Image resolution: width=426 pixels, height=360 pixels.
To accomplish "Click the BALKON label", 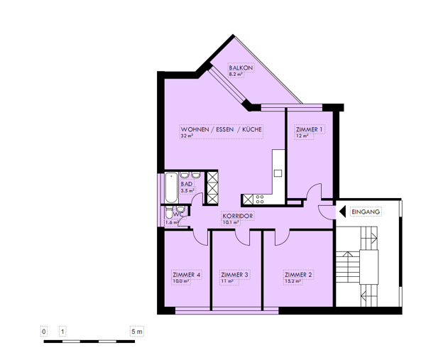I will click(240, 67).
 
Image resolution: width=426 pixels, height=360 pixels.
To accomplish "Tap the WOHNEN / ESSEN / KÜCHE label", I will click(222, 129).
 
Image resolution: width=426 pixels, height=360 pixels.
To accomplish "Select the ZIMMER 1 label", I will click(309, 129).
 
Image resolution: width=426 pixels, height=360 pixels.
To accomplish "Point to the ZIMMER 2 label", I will click(298, 275).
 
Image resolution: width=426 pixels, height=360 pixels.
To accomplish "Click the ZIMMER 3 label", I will click(234, 275).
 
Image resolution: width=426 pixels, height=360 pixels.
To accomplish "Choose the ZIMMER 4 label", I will click(187, 275).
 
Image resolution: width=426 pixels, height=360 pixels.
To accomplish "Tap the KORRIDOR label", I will click(238, 215).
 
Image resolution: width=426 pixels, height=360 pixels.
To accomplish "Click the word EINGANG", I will click(366, 212).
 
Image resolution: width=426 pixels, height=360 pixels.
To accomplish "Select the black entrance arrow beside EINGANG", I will click(342, 212).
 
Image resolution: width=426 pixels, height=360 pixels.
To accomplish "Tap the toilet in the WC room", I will click(168, 215).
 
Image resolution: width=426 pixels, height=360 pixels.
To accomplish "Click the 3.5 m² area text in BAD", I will click(187, 190).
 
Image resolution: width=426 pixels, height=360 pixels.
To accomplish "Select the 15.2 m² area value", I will click(293, 281).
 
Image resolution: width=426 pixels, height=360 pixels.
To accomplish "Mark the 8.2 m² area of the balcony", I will click(236, 74).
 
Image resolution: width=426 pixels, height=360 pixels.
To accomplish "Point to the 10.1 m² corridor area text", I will click(230, 222).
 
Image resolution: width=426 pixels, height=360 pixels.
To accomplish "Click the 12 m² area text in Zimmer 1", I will click(302, 136).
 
